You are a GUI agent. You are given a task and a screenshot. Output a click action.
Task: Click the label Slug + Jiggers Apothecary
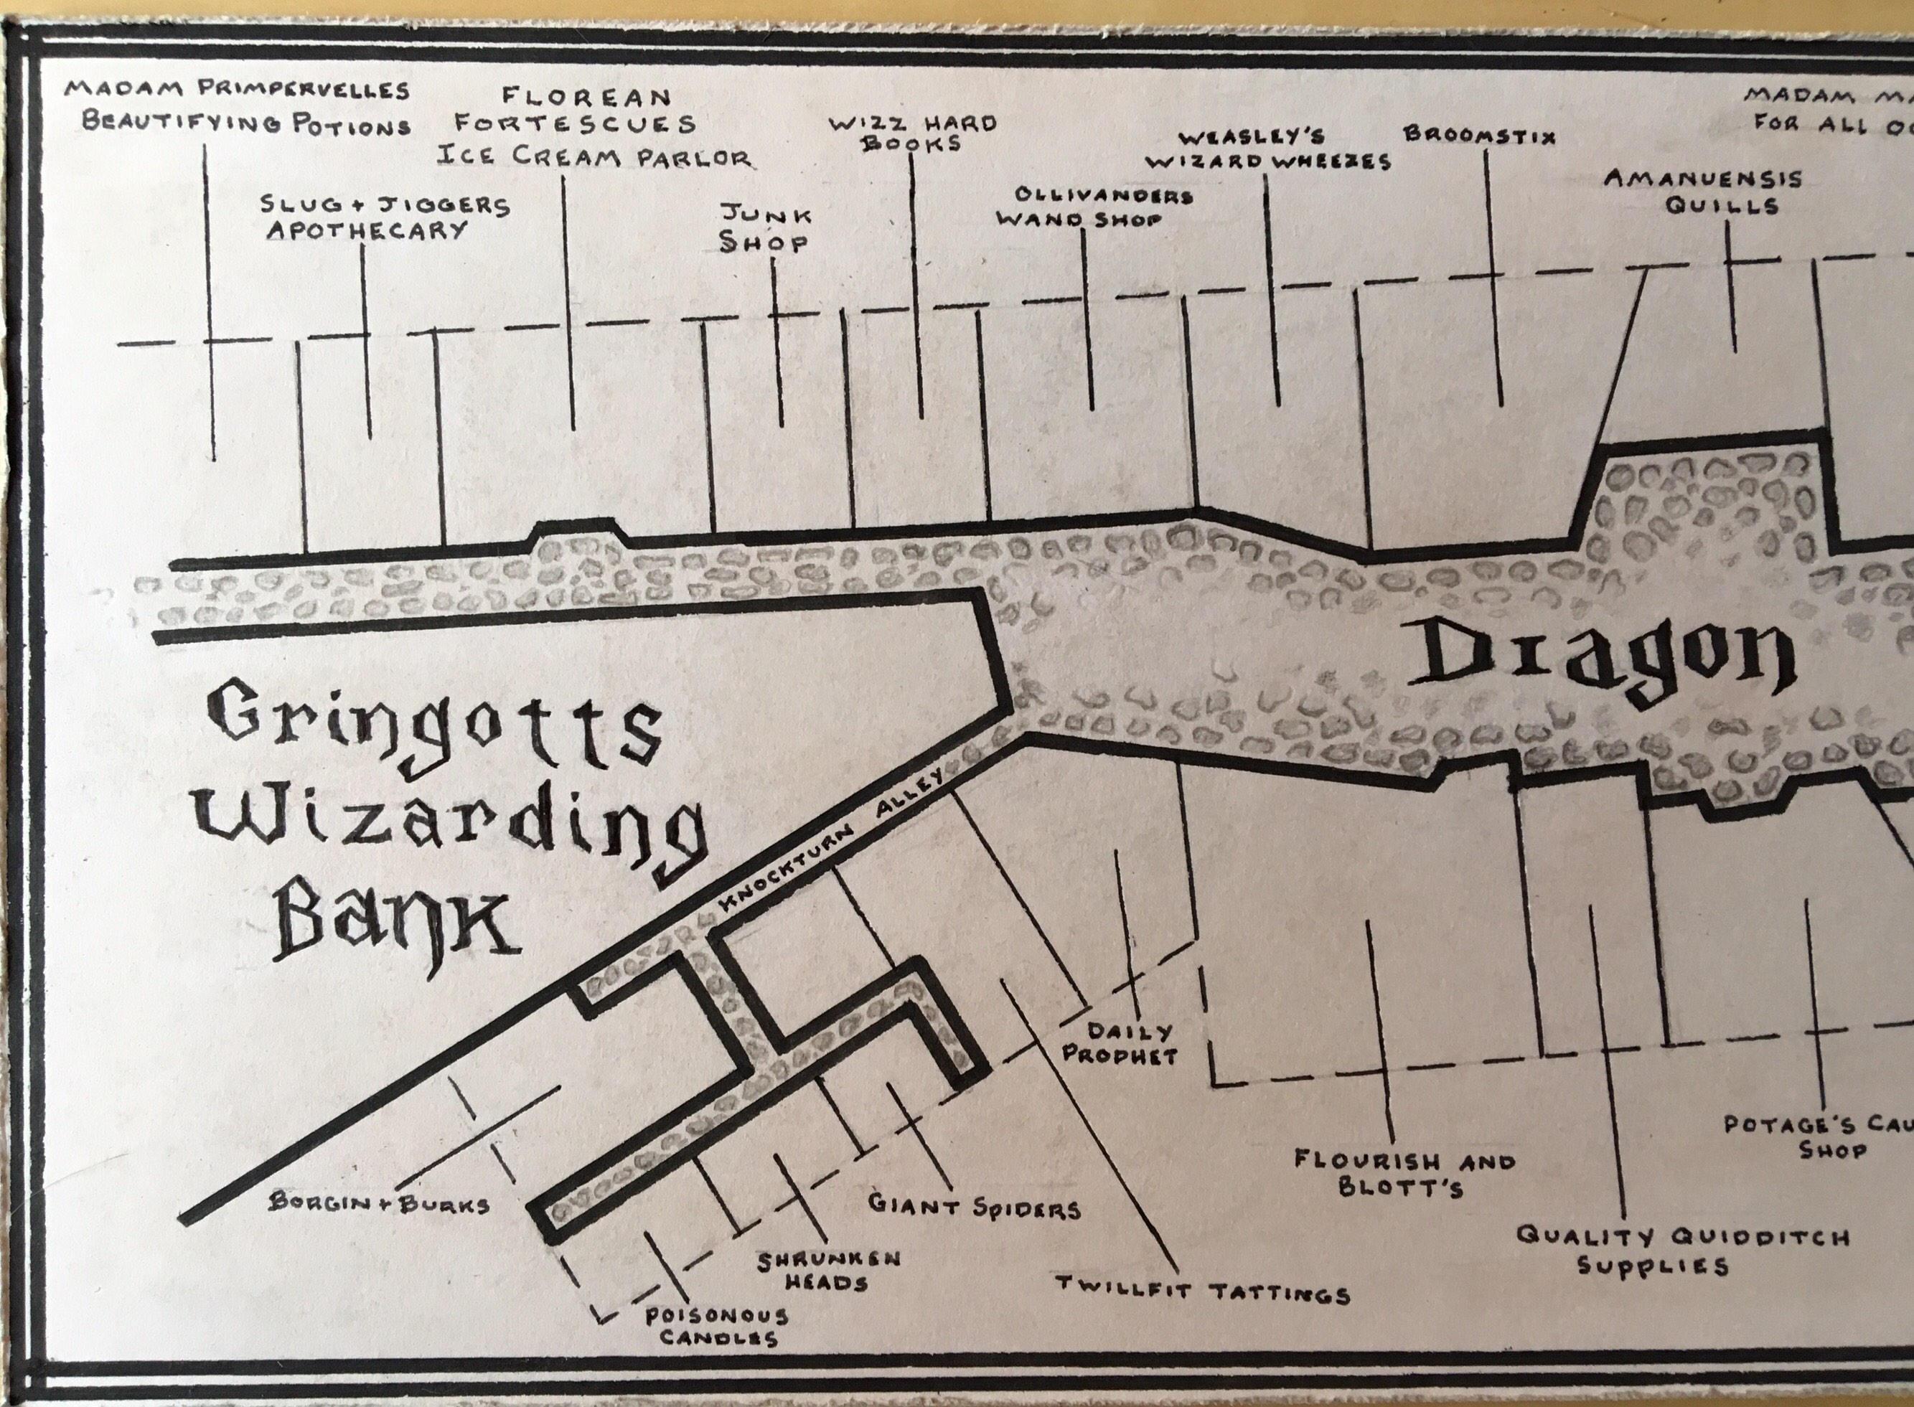pos(385,218)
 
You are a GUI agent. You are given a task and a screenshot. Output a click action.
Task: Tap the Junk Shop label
pos(765,229)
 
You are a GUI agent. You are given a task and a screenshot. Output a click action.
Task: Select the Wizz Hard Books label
pos(912,133)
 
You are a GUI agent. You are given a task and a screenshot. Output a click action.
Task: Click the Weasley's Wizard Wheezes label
pos(1267,150)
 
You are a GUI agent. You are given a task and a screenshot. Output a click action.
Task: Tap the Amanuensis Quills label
pos(1703,192)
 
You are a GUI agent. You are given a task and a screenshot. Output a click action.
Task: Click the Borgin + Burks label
pos(379,1204)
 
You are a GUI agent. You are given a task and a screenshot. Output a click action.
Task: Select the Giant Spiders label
pos(974,1207)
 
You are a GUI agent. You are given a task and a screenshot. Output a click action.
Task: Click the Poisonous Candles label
pos(716,1326)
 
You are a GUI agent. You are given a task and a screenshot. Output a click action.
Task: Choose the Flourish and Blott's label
pos(1404,1174)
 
